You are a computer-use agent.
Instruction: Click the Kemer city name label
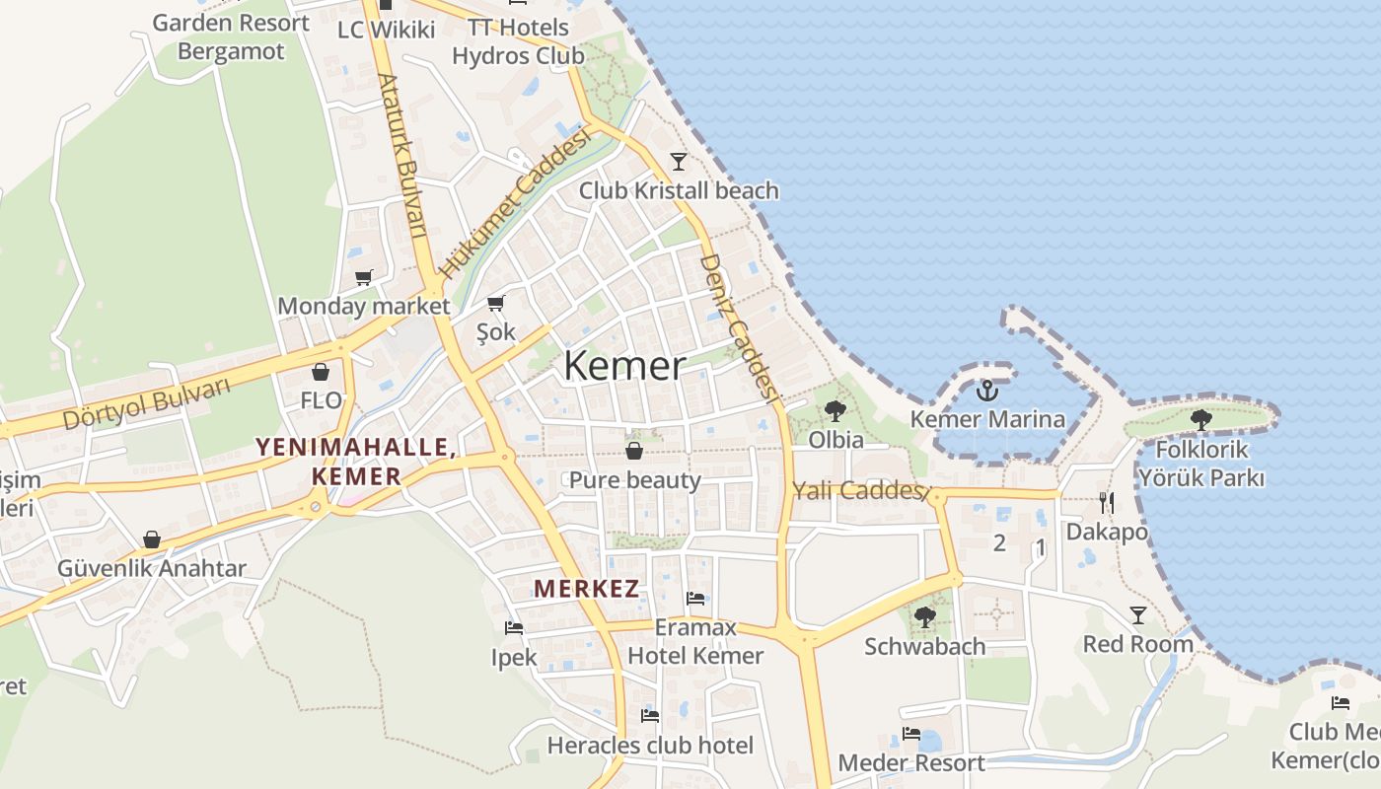[624, 366]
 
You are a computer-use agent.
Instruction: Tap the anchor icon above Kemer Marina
[986, 391]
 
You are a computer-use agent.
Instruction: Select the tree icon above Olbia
[836, 410]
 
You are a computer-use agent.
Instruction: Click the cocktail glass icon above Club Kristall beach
[679, 161]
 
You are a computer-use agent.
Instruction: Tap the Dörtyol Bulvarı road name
[146, 402]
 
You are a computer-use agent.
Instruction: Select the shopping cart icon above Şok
[496, 303]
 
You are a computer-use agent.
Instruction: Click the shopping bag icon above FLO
[321, 372]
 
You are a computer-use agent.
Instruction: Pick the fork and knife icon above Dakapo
[1107, 503]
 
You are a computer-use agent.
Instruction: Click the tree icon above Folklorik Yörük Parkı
[1200, 419]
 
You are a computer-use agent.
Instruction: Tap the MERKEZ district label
[586, 590]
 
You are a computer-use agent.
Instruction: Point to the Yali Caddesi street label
[861, 490]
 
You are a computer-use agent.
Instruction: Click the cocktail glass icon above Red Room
[1138, 615]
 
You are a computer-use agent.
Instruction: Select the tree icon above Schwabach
[924, 617]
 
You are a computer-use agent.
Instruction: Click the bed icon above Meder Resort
[911, 734]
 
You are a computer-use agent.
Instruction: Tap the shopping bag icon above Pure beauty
[634, 451]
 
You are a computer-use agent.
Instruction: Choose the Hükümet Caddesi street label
[516, 203]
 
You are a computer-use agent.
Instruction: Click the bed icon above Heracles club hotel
[649, 716]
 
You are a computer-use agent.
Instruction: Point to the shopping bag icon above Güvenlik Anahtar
[152, 539]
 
